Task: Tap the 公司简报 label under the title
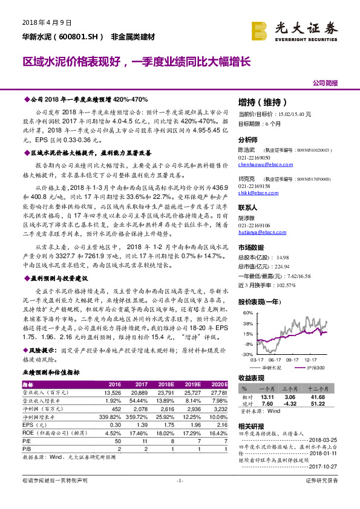point(325,83)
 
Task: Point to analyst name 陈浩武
point(247,149)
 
